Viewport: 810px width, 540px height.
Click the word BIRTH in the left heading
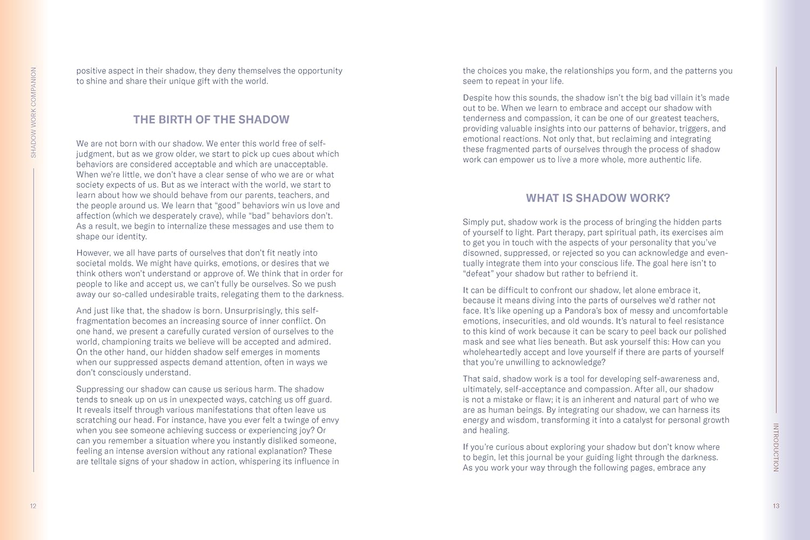pos(180,120)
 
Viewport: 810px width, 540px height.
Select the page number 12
pos(33,506)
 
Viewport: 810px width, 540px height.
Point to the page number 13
pos(776,506)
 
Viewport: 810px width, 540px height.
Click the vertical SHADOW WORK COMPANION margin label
pos(33,112)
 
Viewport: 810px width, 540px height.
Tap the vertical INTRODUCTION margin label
pos(776,447)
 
